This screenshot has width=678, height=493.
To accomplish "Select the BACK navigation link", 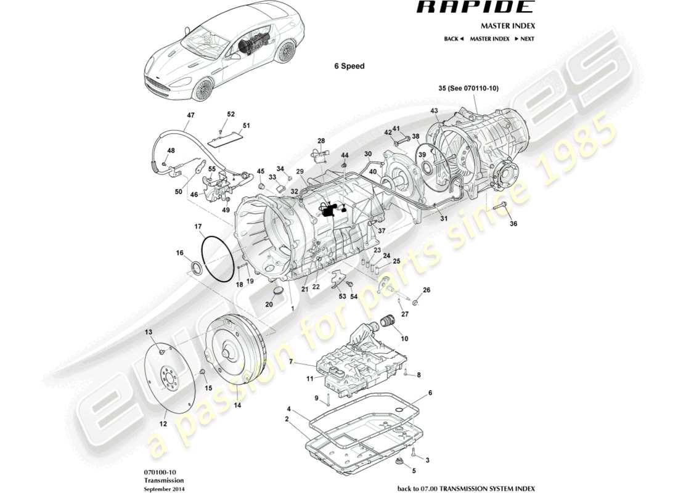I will (x=454, y=39).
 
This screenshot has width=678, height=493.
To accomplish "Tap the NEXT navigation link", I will (x=525, y=39).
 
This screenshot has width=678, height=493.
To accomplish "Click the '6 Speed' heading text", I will (x=349, y=66).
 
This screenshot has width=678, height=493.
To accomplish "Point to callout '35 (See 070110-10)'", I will (x=468, y=89).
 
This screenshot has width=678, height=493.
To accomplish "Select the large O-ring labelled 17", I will (x=215, y=259).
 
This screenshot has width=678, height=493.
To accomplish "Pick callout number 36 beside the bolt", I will (x=513, y=224).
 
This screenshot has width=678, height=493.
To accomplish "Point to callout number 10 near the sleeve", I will (x=404, y=338).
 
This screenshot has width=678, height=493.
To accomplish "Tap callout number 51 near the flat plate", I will (x=247, y=126).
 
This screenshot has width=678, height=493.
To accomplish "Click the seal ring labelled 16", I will (x=197, y=269).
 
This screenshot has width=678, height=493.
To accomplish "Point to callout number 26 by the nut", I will (x=426, y=290).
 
